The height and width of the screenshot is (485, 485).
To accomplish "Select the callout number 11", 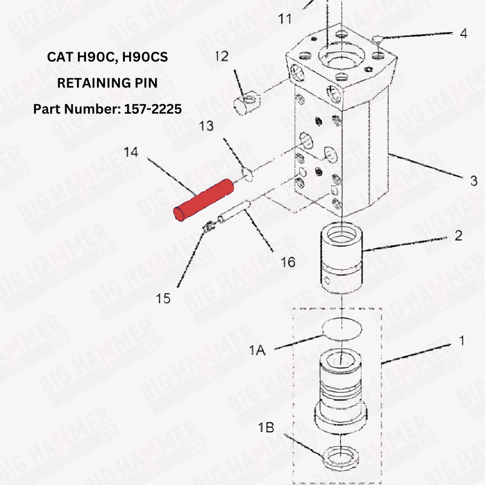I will coord(285,19).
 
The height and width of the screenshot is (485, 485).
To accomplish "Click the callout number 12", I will coord(221,56).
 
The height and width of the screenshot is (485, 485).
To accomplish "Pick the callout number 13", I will coord(206,125).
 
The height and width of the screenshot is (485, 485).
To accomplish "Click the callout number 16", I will coord(288,262).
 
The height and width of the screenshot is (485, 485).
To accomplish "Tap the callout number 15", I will coord(163,298).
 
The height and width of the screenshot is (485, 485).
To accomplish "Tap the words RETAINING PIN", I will coord(107,83).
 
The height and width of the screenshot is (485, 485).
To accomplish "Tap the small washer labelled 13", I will coord(247,175).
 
